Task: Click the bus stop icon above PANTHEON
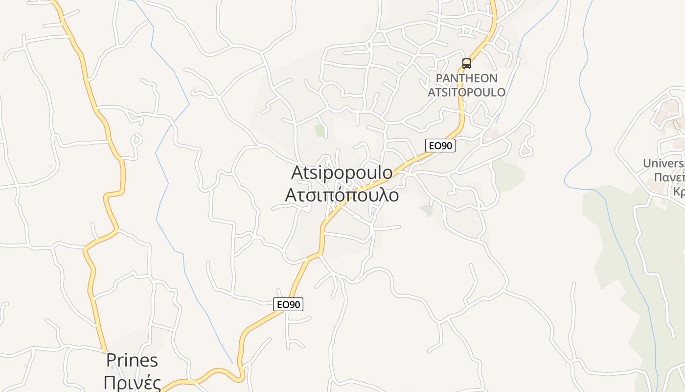point(467,63)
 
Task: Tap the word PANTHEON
point(466,78)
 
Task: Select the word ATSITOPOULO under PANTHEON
point(466,92)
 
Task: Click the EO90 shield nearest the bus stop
point(440,146)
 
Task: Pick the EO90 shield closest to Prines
point(288,304)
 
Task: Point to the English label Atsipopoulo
point(342,172)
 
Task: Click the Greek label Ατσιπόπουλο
point(342,195)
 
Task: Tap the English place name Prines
point(132,361)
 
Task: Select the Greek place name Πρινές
point(132,382)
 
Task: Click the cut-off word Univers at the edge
point(663,163)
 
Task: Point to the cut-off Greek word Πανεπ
point(669,177)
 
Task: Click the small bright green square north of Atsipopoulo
point(320,131)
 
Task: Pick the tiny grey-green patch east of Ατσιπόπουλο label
point(426,211)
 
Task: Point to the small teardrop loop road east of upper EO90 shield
point(526,148)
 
